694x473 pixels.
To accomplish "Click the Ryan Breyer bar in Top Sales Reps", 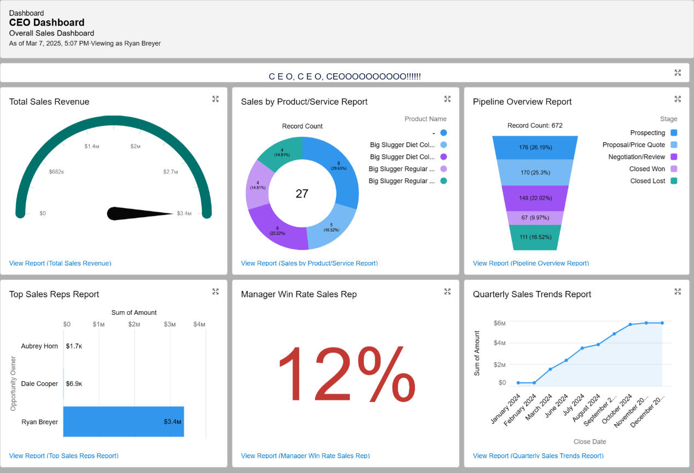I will tap(123, 422).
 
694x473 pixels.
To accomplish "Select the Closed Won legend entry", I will tap(647, 169).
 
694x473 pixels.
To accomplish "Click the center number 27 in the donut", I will tap(302, 194).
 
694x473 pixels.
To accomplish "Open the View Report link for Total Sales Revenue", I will tap(60, 263).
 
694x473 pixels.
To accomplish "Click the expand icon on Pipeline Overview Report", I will tap(678, 99).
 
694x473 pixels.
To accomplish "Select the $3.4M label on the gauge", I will tap(184, 213).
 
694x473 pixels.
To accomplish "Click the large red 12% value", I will tap(346, 374).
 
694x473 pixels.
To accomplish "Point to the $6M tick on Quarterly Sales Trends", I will tap(499, 323).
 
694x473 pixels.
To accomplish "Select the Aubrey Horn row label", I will tap(39, 346).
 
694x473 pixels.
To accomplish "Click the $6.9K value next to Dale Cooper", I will tap(74, 384).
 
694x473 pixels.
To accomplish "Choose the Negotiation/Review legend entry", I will tap(637, 157).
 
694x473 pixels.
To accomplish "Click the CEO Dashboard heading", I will tap(47, 22).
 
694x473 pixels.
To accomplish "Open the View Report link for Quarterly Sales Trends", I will tap(538, 456).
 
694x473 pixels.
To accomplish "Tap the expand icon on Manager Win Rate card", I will tap(447, 291).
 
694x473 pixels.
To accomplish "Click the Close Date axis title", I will tap(590, 441).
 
